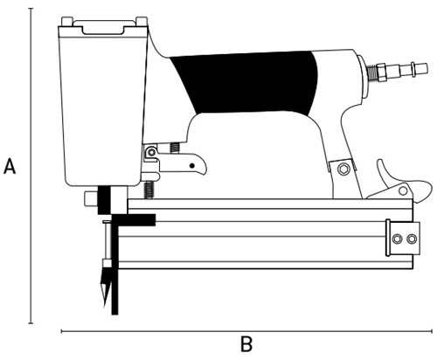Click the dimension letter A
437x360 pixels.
click(x=10, y=166)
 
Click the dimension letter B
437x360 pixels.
click(x=246, y=344)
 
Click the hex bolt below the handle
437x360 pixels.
click(x=343, y=169)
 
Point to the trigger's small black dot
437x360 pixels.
click(x=191, y=166)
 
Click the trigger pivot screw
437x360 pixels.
click(x=151, y=152)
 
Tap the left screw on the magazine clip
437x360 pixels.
click(x=397, y=239)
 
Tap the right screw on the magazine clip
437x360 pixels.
click(x=412, y=239)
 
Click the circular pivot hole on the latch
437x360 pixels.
click(x=403, y=190)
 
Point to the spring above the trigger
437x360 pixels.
click(x=175, y=148)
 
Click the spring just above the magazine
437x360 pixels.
click(x=149, y=190)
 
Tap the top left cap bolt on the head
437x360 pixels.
click(x=66, y=22)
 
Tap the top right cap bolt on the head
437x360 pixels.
click(x=142, y=22)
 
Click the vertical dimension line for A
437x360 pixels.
click(x=31, y=166)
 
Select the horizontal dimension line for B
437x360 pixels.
click(x=246, y=331)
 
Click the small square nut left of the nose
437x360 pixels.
click(x=91, y=198)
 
